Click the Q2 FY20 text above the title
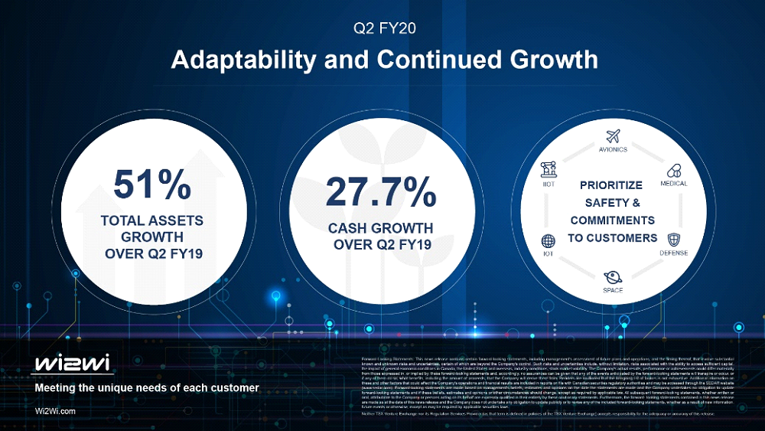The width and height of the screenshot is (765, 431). [x=382, y=30]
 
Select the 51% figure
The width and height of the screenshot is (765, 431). [x=152, y=184]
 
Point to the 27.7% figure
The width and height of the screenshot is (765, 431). [x=381, y=192]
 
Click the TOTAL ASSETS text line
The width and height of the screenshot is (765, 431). [x=152, y=220]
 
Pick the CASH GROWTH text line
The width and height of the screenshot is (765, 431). [x=381, y=228]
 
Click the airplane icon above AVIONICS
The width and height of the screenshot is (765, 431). [x=613, y=136]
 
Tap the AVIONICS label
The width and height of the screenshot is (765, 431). [x=613, y=150]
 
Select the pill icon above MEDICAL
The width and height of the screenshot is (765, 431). [x=674, y=170]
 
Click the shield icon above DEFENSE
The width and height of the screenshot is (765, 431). [x=674, y=240]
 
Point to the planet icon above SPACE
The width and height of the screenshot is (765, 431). [x=613, y=276]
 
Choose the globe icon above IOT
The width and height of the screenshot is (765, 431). [x=548, y=240]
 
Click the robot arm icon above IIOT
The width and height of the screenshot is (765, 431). [x=548, y=169]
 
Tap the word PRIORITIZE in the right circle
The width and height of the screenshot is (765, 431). [x=612, y=185]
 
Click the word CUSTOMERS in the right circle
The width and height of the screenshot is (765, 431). [x=627, y=238]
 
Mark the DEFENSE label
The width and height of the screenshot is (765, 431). [x=674, y=253]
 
